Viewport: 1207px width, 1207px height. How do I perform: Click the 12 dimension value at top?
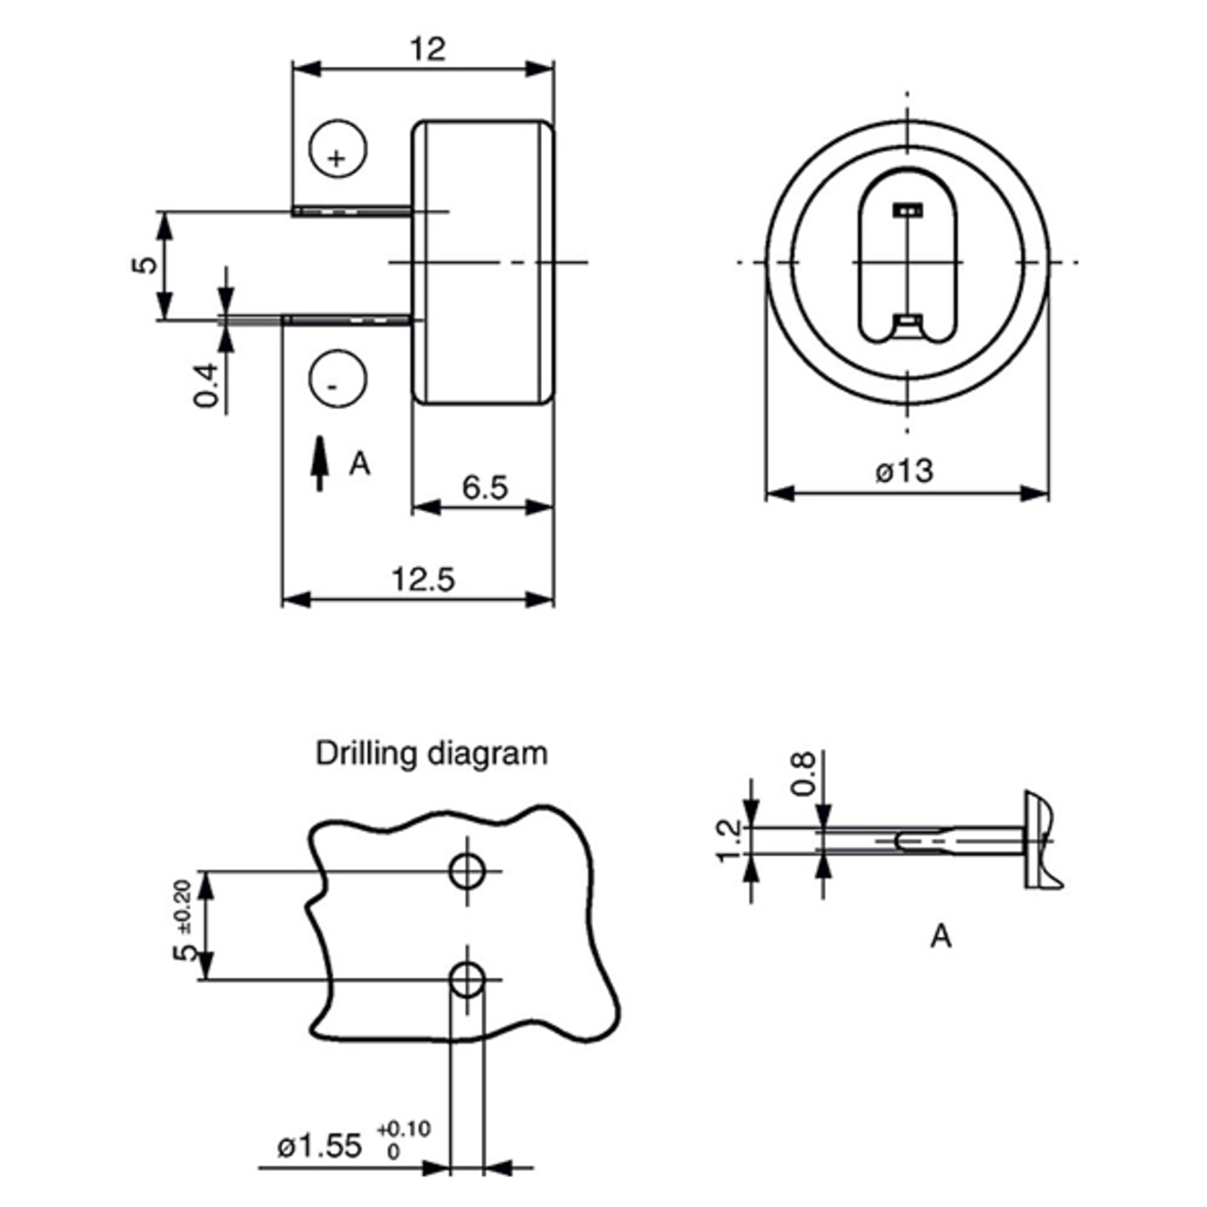pyautogui.click(x=428, y=49)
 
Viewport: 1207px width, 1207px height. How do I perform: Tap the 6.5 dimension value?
pyautogui.click(x=485, y=487)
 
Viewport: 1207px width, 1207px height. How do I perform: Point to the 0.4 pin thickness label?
pyautogui.click(x=207, y=385)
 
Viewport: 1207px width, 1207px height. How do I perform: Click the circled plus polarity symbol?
pyautogui.click(x=338, y=149)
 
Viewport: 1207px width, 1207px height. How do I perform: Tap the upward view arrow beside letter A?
pyautogui.click(x=320, y=463)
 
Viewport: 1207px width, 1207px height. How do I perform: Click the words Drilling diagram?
pyautogui.click(x=432, y=753)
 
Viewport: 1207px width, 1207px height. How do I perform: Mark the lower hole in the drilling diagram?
pyautogui.click(x=467, y=980)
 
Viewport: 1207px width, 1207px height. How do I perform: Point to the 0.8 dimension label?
pyautogui.click(x=803, y=773)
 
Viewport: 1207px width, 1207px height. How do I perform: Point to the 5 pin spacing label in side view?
pyautogui.click(x=145, y=265)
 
